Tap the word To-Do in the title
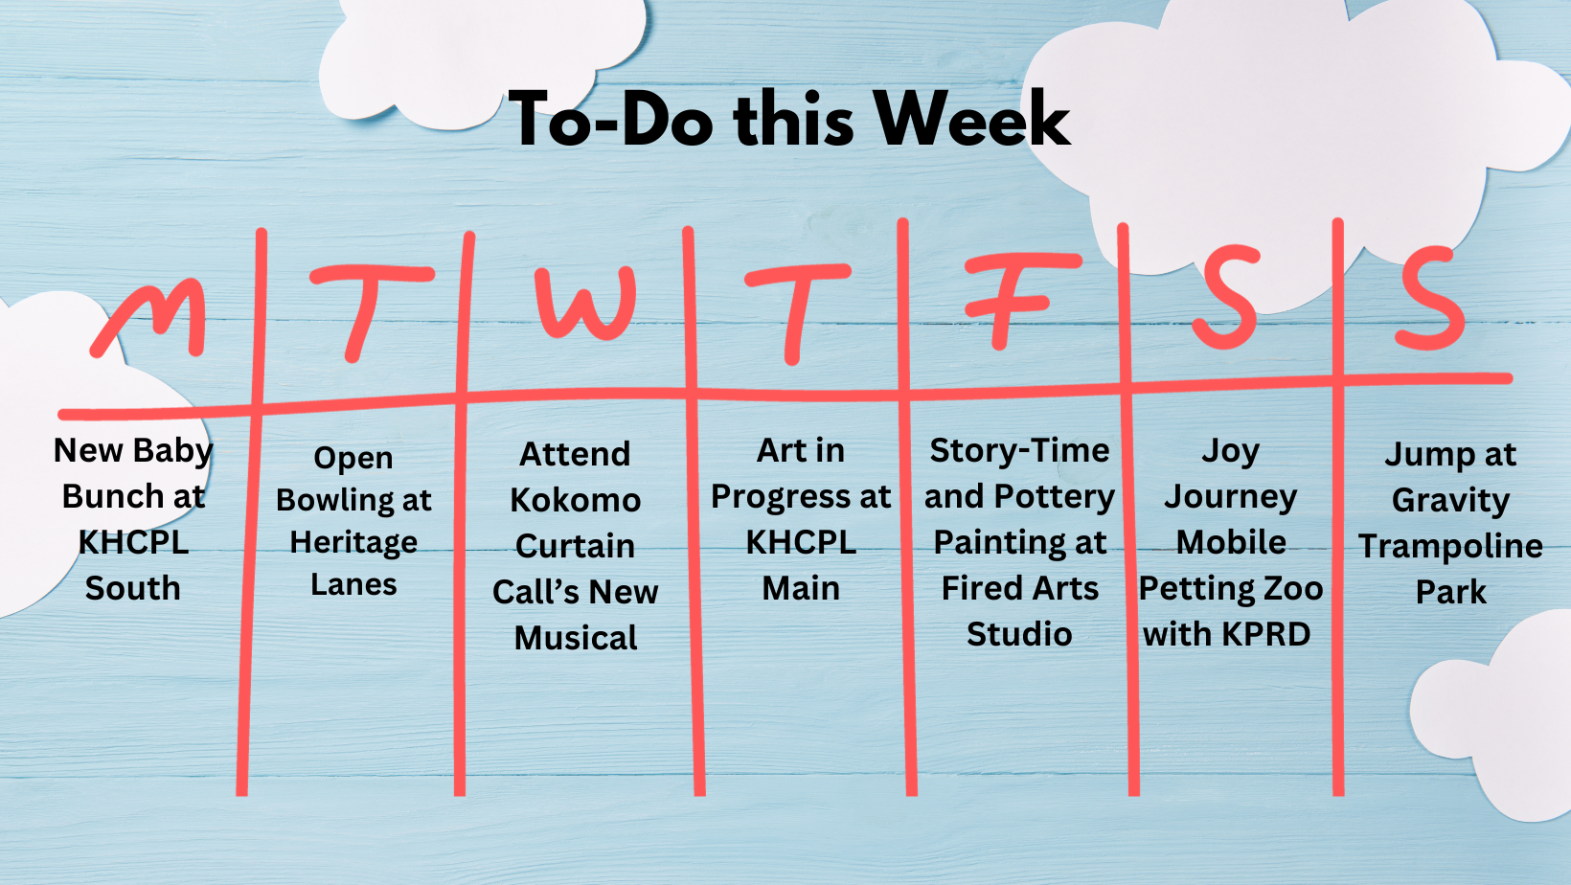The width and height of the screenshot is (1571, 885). (610, 121)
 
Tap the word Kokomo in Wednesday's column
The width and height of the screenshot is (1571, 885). (575, 500)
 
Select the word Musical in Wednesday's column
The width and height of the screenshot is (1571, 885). (575, 638)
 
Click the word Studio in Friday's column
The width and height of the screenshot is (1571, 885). (1019, 634)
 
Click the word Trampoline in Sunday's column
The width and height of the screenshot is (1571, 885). (1450, 546)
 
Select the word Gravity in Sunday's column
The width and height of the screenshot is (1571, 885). (1450, 500)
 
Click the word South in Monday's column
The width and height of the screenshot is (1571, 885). (132, 588)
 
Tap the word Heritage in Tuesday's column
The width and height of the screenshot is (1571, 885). (353, 542)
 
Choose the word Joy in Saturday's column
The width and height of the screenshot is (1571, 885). (1230, 450)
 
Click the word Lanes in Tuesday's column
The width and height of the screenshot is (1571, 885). (353, 584)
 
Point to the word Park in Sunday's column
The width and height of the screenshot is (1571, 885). (1450, 592)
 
